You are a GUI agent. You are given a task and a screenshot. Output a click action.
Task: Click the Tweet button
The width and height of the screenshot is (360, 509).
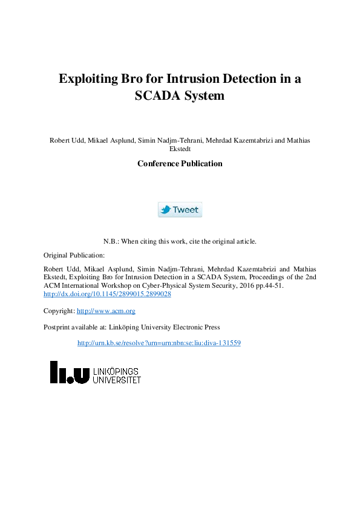click(180, 210)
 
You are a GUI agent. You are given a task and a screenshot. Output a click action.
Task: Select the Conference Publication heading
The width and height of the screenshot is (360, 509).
click(180, 164)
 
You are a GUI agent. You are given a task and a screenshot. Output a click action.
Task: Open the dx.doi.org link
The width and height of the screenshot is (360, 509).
click(107, 294)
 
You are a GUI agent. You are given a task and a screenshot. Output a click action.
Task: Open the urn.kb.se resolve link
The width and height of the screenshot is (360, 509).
click(159, 343)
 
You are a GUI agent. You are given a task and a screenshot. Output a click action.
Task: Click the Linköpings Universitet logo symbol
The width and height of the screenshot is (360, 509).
click(70, 372)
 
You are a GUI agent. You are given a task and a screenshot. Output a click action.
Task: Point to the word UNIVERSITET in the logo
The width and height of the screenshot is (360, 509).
click(117, 380)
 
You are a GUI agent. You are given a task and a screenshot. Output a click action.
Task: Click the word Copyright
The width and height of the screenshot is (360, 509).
click(59, 311)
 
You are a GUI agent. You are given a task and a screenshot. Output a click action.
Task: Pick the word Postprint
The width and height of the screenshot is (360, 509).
click(57, 327)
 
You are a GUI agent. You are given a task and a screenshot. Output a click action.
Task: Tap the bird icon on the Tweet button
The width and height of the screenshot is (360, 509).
click(165, 210)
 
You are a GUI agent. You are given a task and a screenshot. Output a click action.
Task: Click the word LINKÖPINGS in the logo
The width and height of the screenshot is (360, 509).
click(117, 371)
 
